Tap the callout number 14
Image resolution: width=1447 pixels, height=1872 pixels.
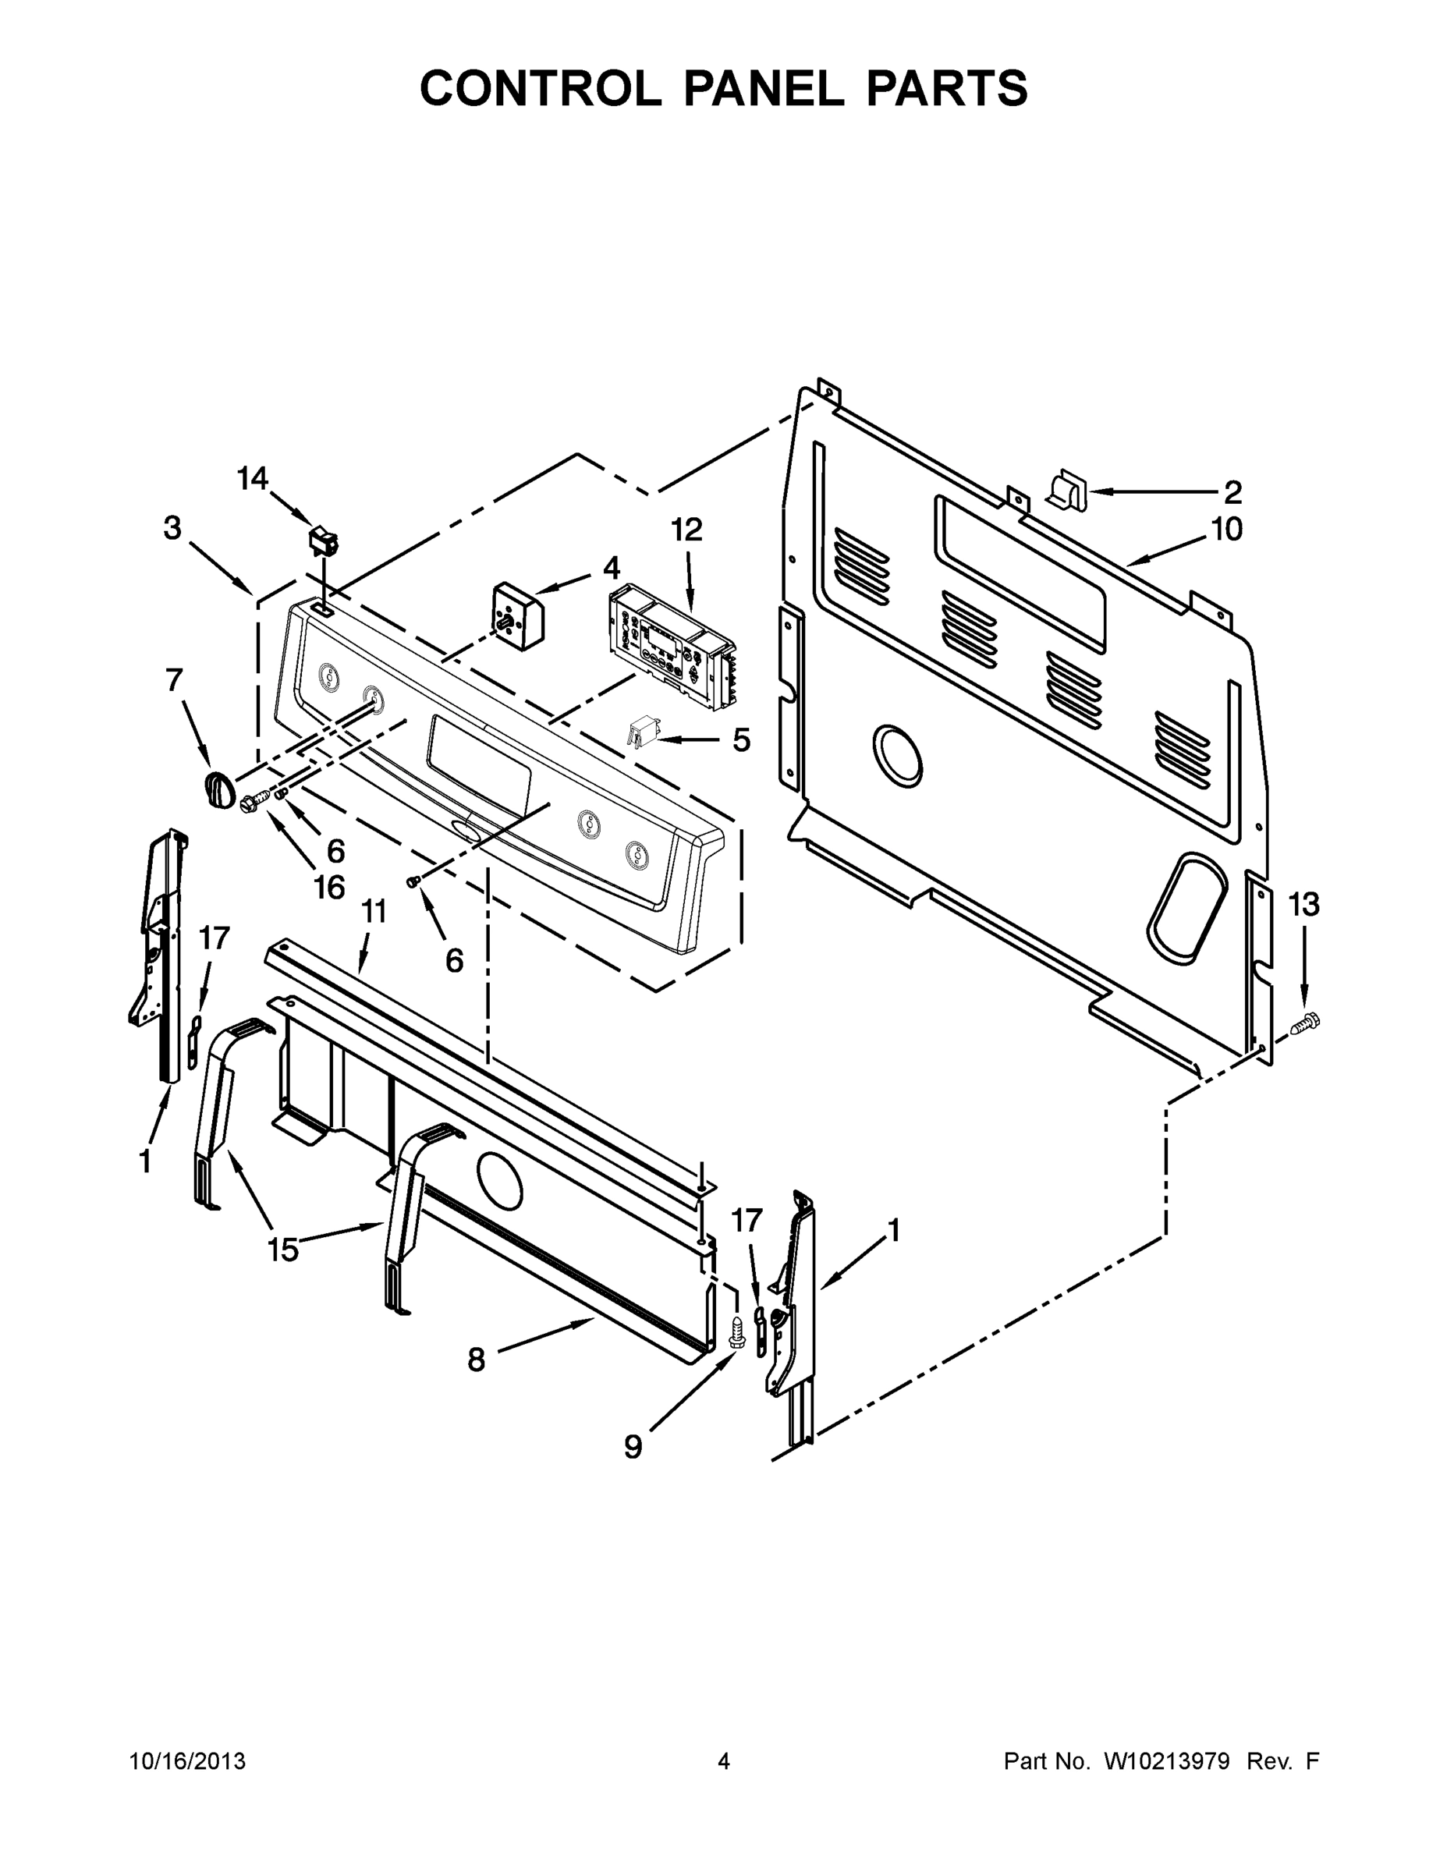(253, 478)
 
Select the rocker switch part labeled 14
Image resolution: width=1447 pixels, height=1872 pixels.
(323, 540)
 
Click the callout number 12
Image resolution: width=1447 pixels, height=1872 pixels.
(686, 530)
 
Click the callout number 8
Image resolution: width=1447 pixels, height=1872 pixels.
(477, 1360)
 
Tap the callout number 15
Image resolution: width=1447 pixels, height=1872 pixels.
(283, 1250)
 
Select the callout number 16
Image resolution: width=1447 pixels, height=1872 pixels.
(329, 887)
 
